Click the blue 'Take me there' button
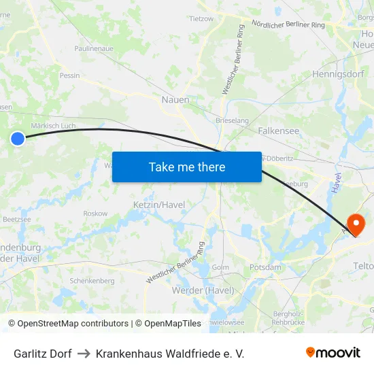tap(187, 167)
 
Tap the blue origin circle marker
tap(18, 139)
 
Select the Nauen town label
tap(175, 100)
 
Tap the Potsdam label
tap(265, 267)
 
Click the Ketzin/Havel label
tap(158, 205)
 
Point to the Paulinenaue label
tap(93, 49)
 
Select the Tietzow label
tap(201, 19)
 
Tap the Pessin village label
tap(69, 75)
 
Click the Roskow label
tap(95, 214)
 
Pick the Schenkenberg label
tap(92, 281)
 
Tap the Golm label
tap(220, 267)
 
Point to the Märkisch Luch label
tap(53, 126)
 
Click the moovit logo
tap(333, 353)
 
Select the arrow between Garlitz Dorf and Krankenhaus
tap(84, 354)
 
